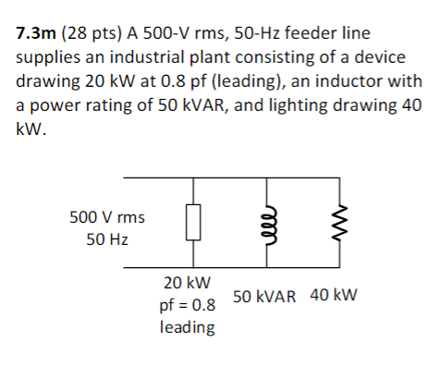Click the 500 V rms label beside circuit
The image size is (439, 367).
pyautogui.click(x=106, y=218)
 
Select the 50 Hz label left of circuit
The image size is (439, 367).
pyautogui.click(x=106, y=239)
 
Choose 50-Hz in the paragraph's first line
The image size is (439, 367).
pyautogui.click(x=283, y=35)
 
